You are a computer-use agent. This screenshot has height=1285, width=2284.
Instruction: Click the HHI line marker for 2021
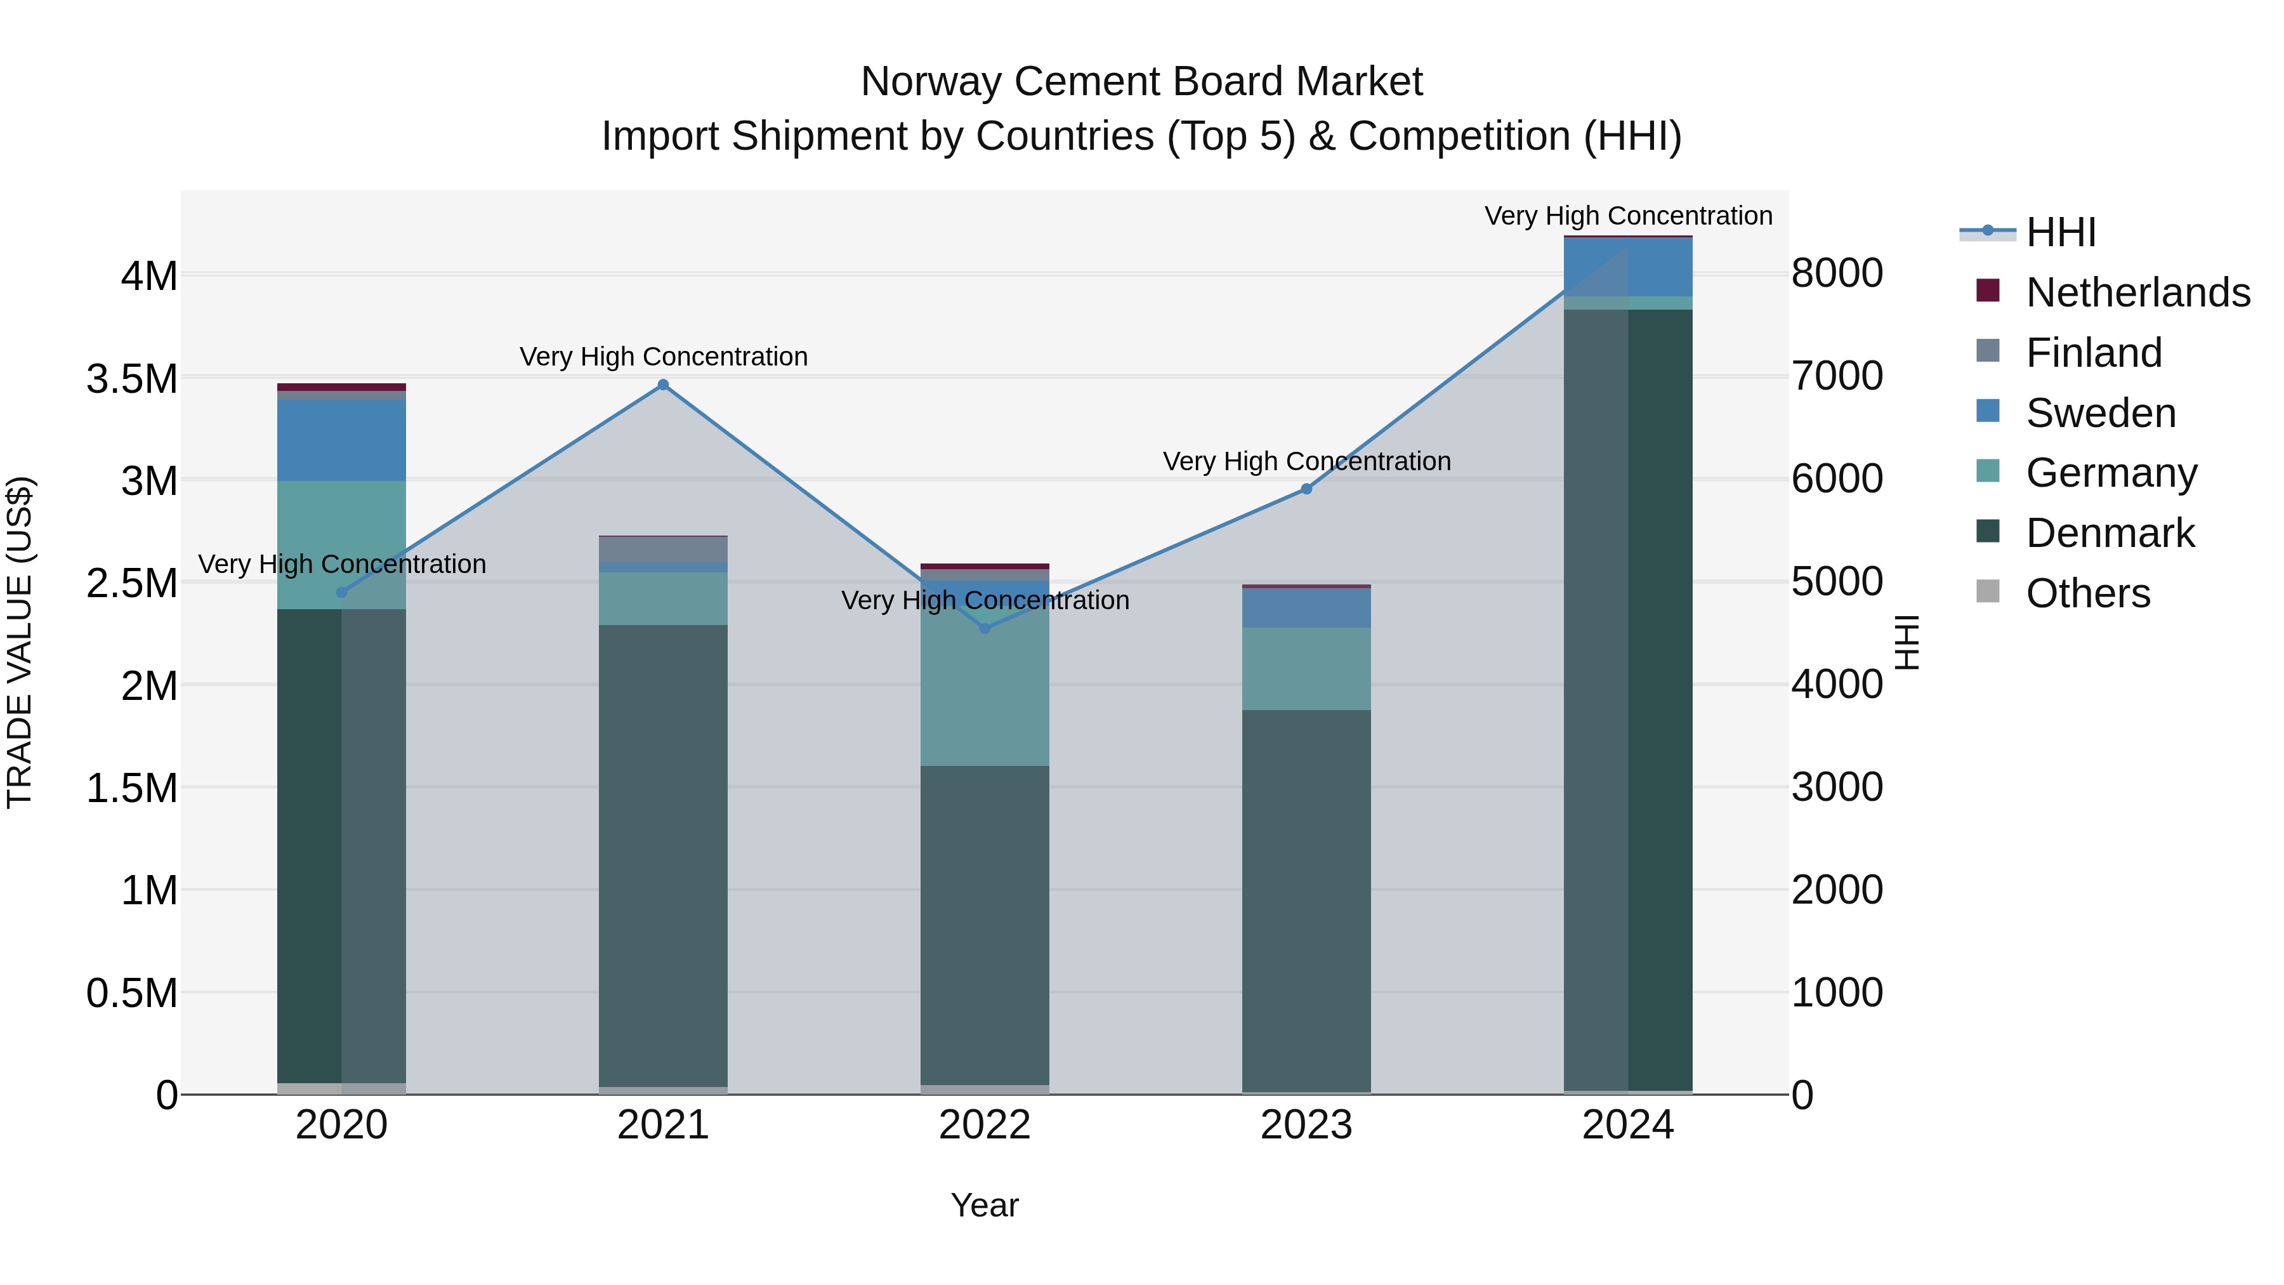663,385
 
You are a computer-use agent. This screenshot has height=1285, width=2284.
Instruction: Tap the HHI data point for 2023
1306,489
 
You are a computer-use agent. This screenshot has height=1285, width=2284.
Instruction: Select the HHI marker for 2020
342,593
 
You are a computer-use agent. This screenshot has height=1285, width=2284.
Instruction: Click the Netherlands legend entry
2137,293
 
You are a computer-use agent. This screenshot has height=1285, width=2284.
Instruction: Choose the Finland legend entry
2094,353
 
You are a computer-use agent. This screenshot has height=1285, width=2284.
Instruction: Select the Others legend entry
2087,593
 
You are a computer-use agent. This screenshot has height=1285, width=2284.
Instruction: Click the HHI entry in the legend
2061,232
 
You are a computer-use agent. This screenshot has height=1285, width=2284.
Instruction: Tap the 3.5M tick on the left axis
132,379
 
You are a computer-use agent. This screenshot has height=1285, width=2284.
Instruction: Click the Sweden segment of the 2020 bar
342,441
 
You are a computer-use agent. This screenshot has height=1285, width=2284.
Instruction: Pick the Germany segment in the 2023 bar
1306,669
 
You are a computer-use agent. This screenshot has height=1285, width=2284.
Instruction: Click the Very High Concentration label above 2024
1628,216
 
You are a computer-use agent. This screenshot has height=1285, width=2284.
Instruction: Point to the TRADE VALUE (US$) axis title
20,642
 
